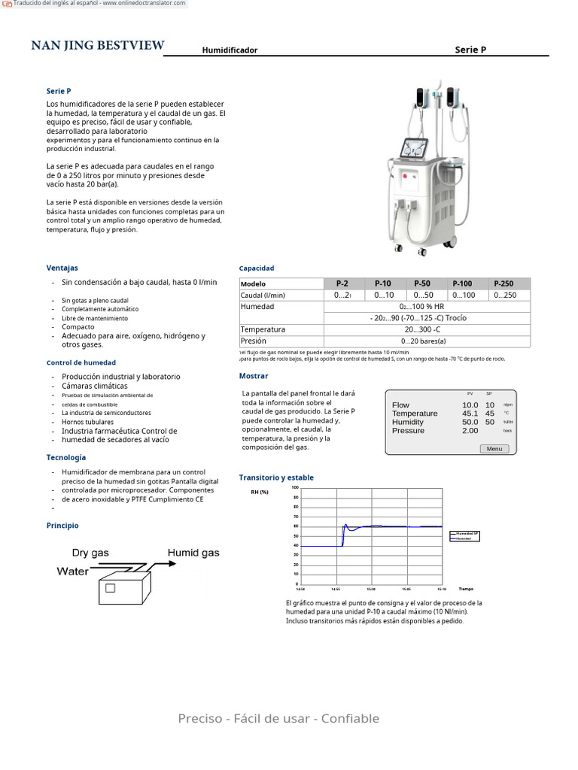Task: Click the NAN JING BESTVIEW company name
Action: [97, 46]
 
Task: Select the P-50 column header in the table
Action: [423, 283]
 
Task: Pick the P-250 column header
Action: [503, 283]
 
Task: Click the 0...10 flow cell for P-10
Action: [384, 296]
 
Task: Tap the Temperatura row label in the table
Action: [263, 329]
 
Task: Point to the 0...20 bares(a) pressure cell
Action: [424, 341]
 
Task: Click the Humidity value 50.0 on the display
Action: [470, 422]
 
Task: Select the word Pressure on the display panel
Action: [408, 431]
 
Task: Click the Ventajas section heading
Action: [62, 268]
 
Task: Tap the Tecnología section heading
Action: [66, 457]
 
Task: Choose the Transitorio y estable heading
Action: [276, 477]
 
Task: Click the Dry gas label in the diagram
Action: [90, 553]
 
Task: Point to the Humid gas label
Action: [193, 553]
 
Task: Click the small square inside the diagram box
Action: [111, 588]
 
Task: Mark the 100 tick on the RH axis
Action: [295, 487]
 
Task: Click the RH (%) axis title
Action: [259, 492]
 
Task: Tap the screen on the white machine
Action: [415, 150]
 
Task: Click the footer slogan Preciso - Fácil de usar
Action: [278, 718]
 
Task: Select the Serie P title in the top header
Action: [470, 50]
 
